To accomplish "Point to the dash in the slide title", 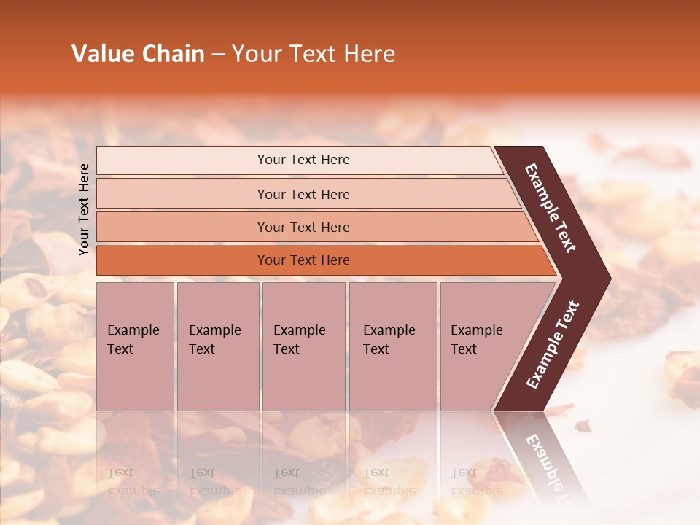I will [x=218, y=55].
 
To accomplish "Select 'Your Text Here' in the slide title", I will [x=314, y=54].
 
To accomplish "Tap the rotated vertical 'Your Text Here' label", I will [x=84, y=209].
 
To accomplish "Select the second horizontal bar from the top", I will [x=303, y=194].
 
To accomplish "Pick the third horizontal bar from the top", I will [x=303, y=227].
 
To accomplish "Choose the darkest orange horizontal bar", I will [x=303, y=260].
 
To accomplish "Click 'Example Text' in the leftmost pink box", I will [x=133, y=340].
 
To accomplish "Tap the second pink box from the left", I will [x=217, y=346].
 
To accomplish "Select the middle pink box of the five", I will [x=303, y=346].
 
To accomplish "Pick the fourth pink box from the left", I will [x=392, y=346].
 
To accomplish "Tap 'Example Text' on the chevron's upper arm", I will [x=551, y=208].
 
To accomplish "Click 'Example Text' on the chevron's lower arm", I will [x=553, y=345].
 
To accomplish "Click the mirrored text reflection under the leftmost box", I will [x=133, y=481].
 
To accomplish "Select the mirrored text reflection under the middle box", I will [x=299, y=481].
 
